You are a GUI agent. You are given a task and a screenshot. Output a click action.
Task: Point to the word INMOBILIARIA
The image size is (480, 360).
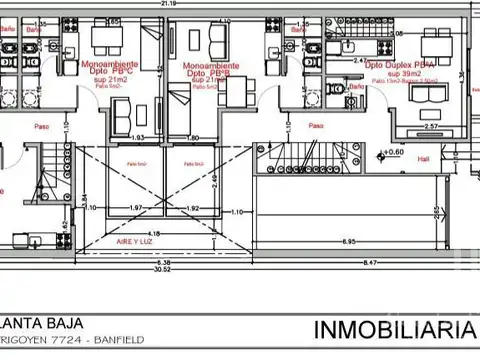click(x=396, y=329)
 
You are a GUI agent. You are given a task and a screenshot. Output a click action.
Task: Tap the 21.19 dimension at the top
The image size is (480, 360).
click(x=160, y=4)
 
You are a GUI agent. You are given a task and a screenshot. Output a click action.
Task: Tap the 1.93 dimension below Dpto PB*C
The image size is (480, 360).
click(x=141, y=136)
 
